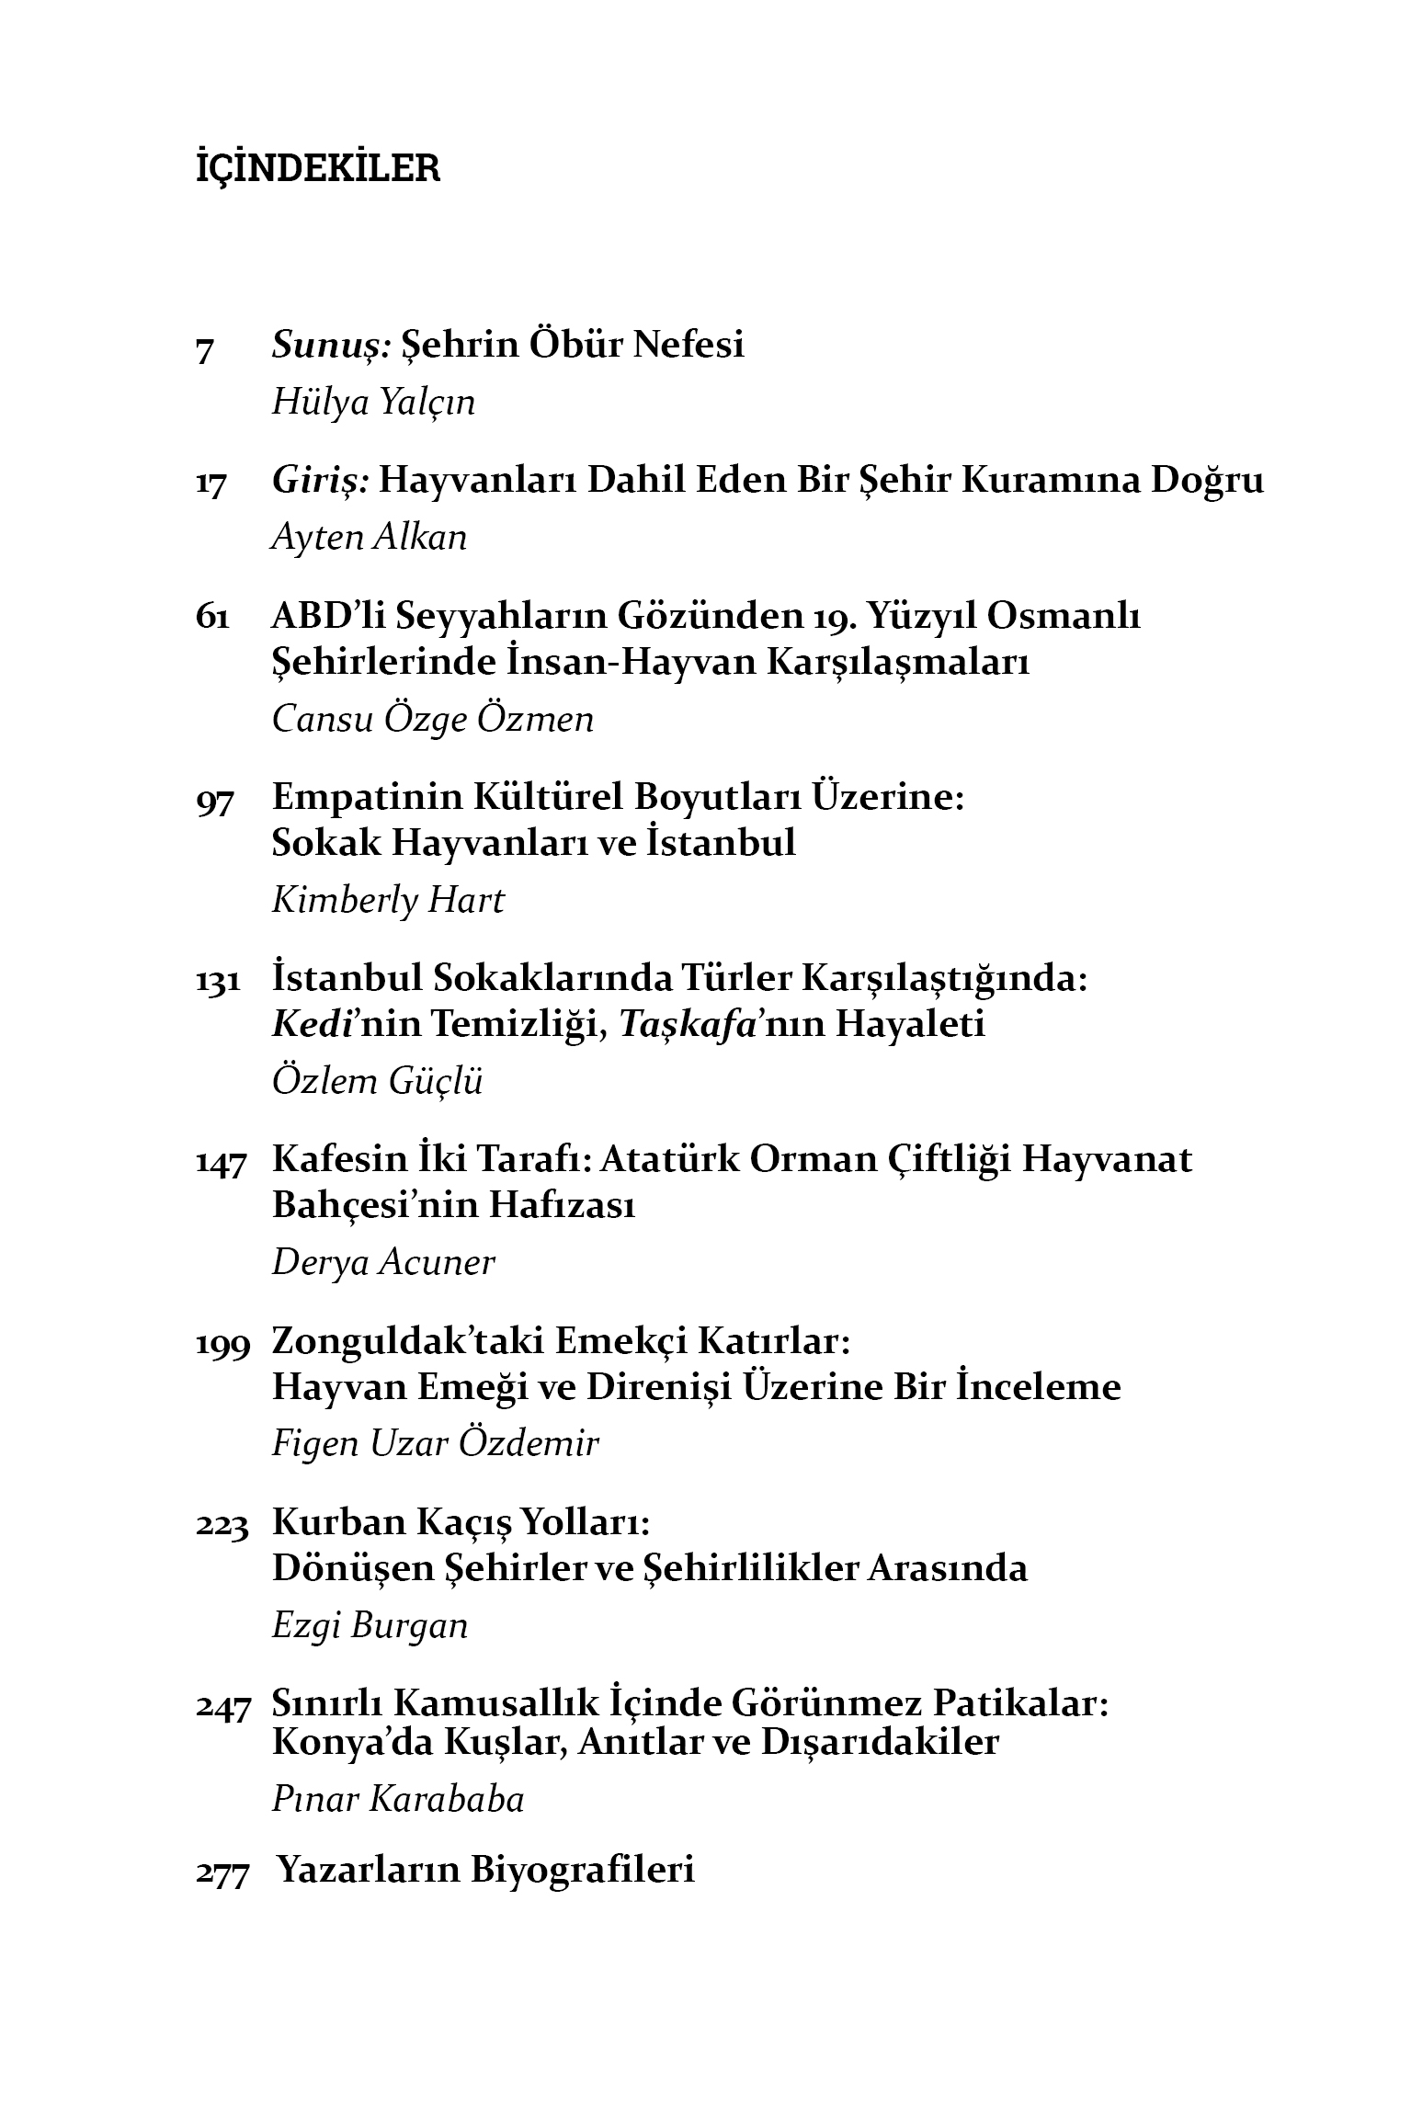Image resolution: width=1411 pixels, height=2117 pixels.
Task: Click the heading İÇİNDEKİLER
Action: click(318, 169)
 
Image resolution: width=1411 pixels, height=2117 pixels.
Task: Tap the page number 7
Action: click(205, 350)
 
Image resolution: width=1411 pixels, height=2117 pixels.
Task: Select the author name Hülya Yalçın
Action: click(373, 402)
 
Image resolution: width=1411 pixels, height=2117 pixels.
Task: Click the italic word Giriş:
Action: click(320, 481)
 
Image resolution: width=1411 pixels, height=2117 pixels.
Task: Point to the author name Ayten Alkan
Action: click(370, 537)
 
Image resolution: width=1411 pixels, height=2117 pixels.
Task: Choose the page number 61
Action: click(212, 617)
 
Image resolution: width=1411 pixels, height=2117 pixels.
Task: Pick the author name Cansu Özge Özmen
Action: click(433, 718)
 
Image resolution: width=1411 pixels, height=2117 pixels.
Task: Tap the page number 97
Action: click(215, 801)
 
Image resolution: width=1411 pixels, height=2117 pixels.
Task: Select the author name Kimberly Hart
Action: click(388, 899)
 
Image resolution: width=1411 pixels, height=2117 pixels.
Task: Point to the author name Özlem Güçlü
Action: click(377, 1081)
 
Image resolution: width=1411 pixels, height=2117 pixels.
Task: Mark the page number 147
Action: click(222, 1163)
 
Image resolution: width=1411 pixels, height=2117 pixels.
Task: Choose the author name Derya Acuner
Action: click(383, 1262)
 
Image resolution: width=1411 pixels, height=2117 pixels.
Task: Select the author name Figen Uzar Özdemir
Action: click(435, 1443)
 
